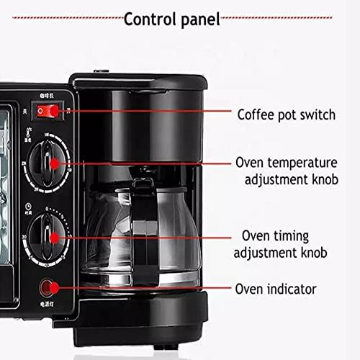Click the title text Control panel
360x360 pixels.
point(171,18)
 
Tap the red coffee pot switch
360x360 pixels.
point(49,111)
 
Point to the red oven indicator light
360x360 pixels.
point(50,289)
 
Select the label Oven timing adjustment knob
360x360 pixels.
point(284,244)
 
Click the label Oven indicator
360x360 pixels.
point(276,289)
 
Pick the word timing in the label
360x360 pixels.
point(294,236)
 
